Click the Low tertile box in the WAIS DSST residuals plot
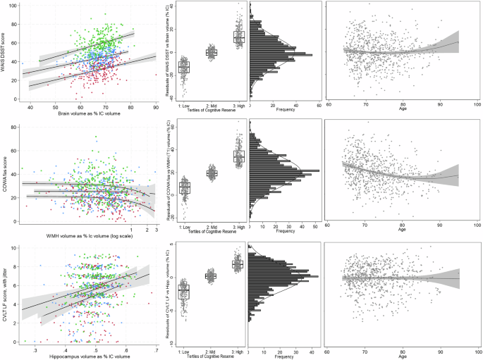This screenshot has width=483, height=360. [184, 67]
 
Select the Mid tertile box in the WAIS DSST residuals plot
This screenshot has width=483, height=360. [211, 52]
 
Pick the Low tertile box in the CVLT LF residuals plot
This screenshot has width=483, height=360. [184, 291]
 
